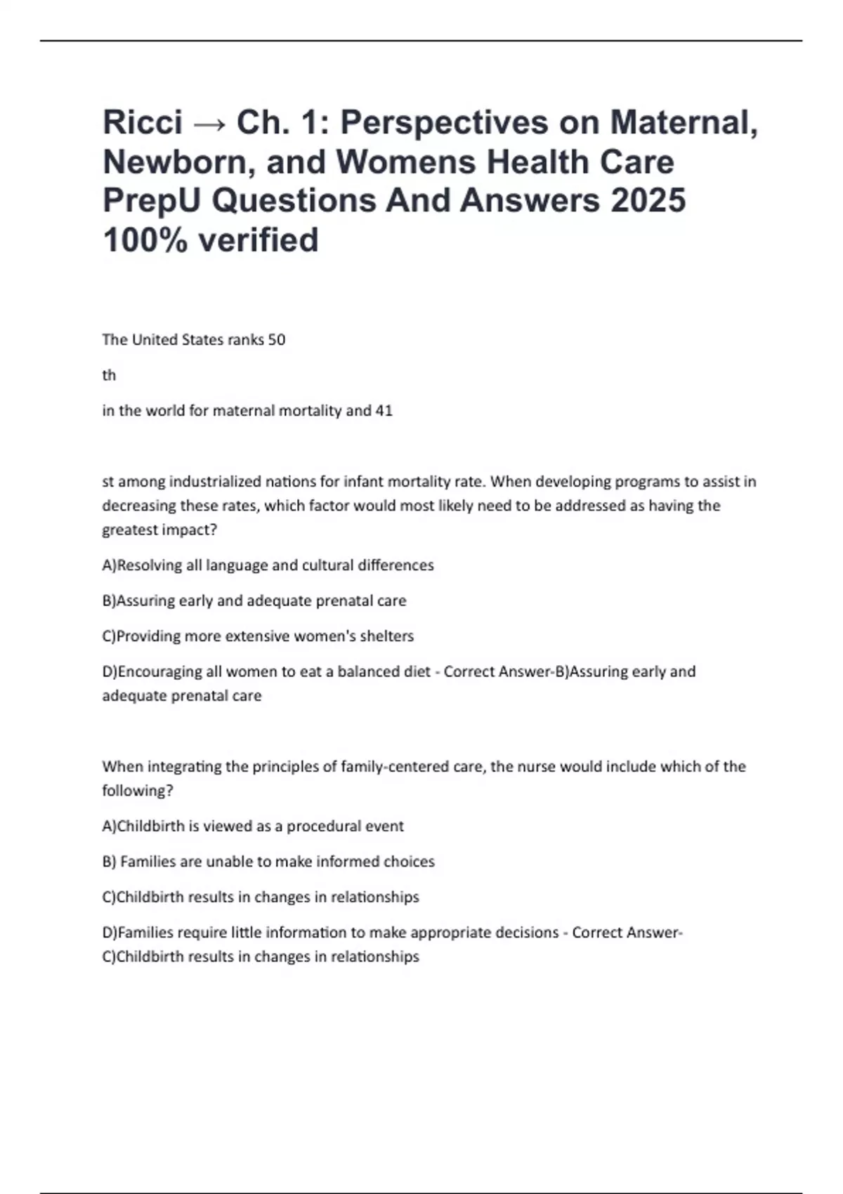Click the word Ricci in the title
pyautogui.click(x=143, y=122)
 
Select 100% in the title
pyautogui.click(x=145, y=240)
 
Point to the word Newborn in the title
pyautogui.click(x=178, y=162)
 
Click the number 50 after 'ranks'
pyautogui.click(x=277, y=340)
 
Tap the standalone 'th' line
pyautogui.click(x=109, y=376)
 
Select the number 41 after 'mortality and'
pyautogui.click(x=384, y=411)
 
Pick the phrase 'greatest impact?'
pyautogui.click(x=159, y=530)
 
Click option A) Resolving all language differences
pyautogui.click(x=268, y=565)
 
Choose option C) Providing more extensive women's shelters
pyautogui.click(x=258, y=636)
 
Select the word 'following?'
pyautogui.click(x=138, y=791)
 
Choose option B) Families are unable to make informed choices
pyautogui.click(x=268, y=862)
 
